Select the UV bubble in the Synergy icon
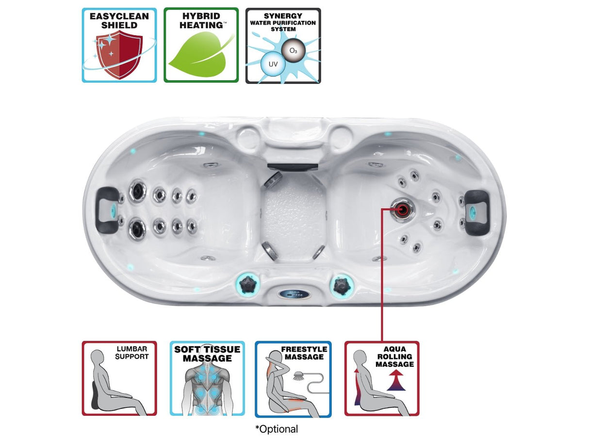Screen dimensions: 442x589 (272, 64)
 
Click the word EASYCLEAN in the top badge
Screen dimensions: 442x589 (119, 16)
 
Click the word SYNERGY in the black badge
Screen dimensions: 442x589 (283, 16)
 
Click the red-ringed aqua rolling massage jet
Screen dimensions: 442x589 (403, 210)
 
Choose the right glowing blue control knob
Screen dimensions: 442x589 (341, 285)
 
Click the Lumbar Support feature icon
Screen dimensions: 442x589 (119, 378)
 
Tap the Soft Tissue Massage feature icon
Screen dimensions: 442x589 (207, 378)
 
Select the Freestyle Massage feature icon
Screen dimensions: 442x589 (293, 379)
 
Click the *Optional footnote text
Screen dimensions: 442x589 (277, 429)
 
